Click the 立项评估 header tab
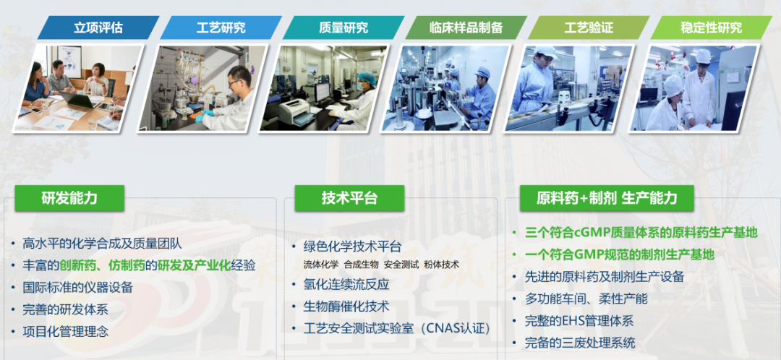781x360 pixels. [98, 27]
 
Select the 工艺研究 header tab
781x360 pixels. [221, 27]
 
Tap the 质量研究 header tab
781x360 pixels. [343, 27]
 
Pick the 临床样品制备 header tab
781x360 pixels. [466, 27]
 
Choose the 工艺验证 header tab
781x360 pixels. [589, 27]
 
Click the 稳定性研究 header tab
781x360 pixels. [712, 27]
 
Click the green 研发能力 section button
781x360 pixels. [69, 198]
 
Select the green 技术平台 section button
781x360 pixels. [349, 198]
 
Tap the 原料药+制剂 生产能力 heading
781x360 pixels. [607, 198]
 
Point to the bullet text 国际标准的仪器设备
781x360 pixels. [77, 287]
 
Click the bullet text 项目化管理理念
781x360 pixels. [66, 331]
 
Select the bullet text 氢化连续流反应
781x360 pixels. [346, 285]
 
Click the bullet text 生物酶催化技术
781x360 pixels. [346, 307]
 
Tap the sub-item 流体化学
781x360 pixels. [321, 265]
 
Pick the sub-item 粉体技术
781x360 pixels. [441, 265]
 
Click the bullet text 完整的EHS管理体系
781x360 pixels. [579, 321]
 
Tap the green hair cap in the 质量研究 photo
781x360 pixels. [367, 78]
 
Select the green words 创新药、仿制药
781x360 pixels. [108, 265]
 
